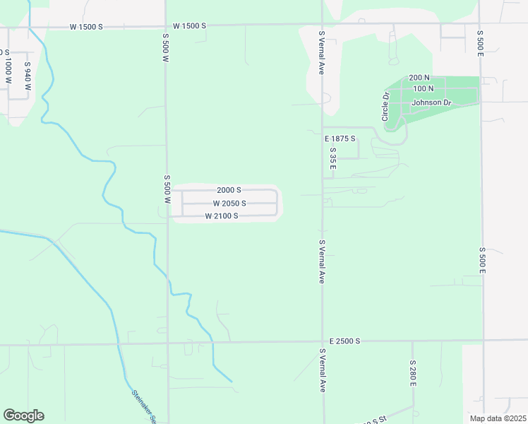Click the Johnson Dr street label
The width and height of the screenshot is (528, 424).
coord(431,102)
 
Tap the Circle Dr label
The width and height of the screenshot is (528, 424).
coord(386,107)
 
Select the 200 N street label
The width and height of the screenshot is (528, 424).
coord(419,77)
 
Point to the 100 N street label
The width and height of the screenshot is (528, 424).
coord(424,88)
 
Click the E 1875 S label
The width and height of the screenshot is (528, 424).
coord(340,139)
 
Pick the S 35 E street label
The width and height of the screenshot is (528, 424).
coord(332,158)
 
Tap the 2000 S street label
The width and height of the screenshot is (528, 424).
coord(229,190)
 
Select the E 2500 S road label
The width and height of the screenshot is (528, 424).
coord(344,341)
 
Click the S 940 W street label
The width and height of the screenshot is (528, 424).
coord(28,76)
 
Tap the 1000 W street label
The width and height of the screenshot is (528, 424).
coord(8,71)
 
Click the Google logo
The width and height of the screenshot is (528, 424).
coord(23,416)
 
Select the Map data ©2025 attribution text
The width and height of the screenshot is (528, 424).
coord(497,418)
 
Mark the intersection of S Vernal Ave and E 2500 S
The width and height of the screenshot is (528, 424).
coord(323,343)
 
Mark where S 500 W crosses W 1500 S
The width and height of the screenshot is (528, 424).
coord(166,26)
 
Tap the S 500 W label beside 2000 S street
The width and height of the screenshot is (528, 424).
coord(168,189)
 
